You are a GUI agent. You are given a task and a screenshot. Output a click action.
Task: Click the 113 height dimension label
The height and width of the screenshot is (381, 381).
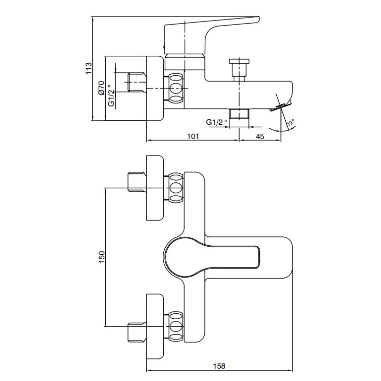(89, 68)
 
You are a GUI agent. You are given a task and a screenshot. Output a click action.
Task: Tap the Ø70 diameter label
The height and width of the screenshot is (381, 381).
(101, 88)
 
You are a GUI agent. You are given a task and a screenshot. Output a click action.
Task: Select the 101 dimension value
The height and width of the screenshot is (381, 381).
(193, 136)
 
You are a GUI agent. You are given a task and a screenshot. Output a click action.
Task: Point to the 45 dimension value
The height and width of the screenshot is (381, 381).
(260, 136)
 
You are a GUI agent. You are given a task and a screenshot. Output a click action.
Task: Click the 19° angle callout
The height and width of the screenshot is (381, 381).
(291, 123)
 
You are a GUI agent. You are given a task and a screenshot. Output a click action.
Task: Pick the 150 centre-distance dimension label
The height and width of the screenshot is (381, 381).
(101, 257)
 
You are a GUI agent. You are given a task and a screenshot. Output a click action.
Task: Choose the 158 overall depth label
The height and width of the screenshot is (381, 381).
(219, 366)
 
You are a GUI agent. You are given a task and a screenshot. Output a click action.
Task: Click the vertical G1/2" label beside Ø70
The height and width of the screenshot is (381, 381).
(111, 95)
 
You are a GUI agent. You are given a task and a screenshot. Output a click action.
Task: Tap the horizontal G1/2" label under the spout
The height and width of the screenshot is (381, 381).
(217, 122)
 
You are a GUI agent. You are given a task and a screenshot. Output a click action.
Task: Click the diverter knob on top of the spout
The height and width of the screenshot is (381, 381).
(240, 69)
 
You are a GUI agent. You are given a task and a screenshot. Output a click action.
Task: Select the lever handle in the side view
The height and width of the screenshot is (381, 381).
(211, 35)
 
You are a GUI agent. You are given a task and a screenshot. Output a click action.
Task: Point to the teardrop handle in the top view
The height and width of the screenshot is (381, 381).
(211, 257)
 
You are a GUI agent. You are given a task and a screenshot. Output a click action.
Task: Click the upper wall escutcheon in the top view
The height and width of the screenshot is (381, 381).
(155, 188)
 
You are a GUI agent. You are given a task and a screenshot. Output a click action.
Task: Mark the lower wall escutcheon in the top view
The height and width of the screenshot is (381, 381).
(155, 327)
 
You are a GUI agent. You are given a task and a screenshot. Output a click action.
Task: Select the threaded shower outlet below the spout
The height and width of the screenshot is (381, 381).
(240, 114)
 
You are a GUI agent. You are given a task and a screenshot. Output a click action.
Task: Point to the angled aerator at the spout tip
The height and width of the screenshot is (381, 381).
(280, 106)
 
